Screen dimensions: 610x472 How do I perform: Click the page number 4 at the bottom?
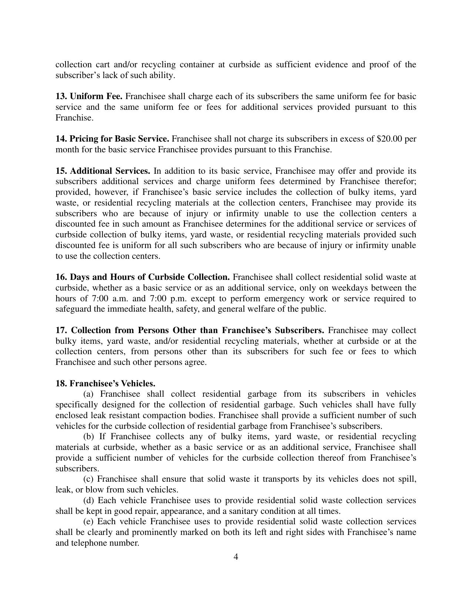(x=236, y=557)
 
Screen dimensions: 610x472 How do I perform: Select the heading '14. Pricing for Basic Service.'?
(x=112, y=139)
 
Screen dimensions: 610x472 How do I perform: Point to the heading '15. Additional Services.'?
(x=103, y=171)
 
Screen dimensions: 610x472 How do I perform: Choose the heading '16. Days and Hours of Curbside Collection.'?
(x=143, y=277)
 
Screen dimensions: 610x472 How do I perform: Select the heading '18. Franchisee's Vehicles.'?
(x=106, y=383)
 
